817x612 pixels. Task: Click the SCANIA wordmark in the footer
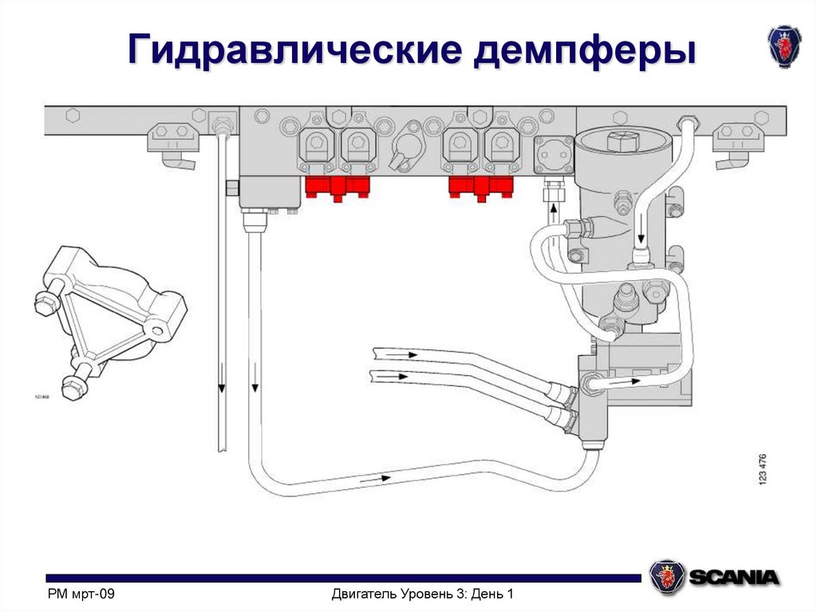(734, 577)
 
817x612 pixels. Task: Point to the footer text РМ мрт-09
(82, 594)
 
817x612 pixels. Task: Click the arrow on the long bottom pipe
(375, 479)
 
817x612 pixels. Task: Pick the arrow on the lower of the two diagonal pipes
(397, 375)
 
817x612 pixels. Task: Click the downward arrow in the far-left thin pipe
(221, 388)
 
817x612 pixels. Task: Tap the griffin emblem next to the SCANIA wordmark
(665, 575)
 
